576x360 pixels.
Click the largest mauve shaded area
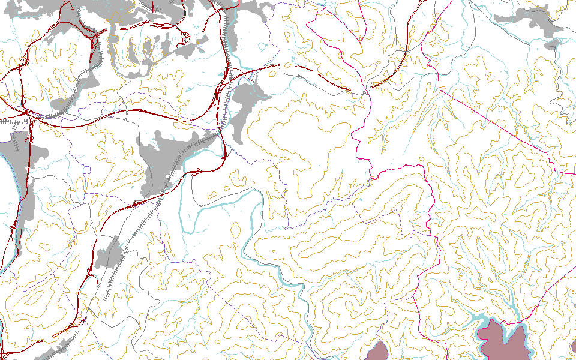503,342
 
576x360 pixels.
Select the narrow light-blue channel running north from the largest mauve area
510,300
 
